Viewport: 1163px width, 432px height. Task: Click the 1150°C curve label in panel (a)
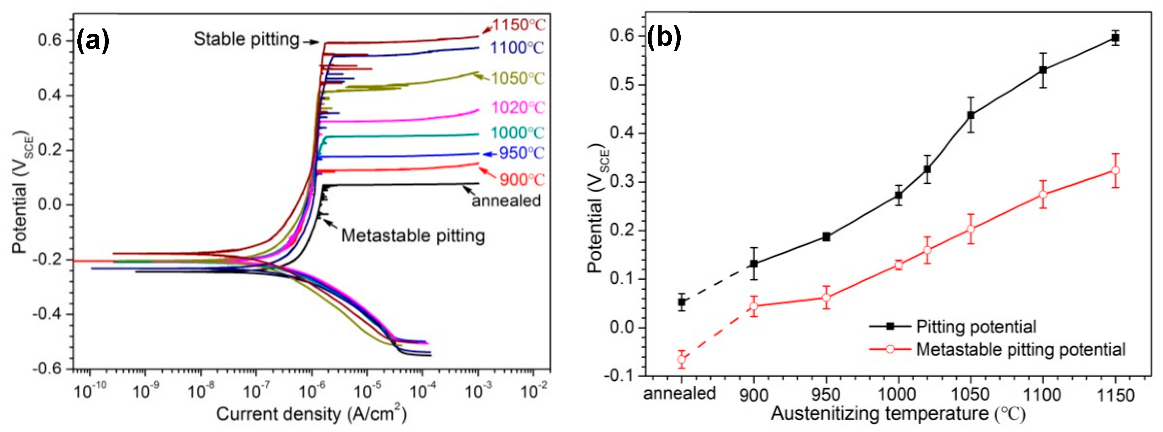click(519, 24)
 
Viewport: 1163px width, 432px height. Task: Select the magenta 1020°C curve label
click(518, 107)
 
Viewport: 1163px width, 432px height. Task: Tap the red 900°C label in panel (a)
click(522, 180)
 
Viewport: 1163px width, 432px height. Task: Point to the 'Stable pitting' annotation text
click(247, 40)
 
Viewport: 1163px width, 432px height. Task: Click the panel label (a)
click(93, 41)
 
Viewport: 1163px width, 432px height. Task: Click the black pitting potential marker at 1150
click(1115, 39)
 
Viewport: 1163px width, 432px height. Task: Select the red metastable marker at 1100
click(1043, 194)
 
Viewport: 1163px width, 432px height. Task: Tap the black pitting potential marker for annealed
click(682, 302)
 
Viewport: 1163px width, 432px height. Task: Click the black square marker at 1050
click(971, 115)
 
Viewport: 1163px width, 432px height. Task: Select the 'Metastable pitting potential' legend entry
click(1020, 349)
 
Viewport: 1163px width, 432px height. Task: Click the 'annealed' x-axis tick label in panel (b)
click(679, 393)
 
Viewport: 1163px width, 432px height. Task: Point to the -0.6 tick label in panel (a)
click(49, 369)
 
